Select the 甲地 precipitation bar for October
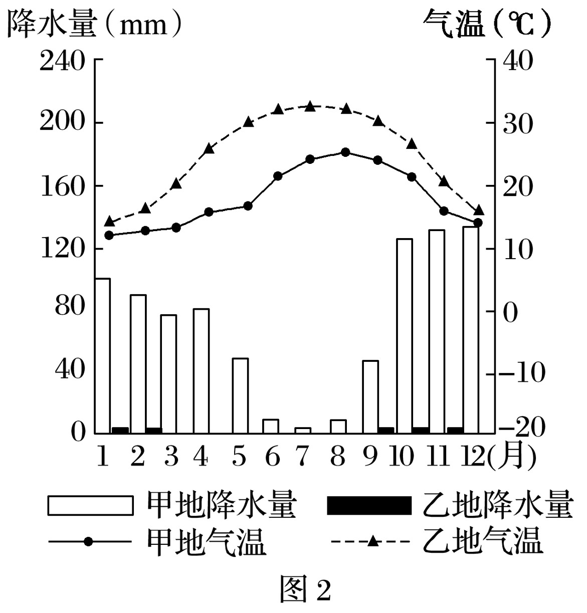coord(404,335)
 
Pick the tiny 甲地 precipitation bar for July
coord(303,430)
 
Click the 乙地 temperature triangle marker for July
coord(310,107)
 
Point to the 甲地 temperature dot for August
coord(345,152)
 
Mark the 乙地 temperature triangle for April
coord(210,149)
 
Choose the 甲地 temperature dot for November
coord(444,211)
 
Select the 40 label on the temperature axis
coord(517,62)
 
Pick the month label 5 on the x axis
coord(240,457)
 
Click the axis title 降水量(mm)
coord(93,24)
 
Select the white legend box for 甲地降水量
coord(91,505)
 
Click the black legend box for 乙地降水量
coord(368,505)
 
